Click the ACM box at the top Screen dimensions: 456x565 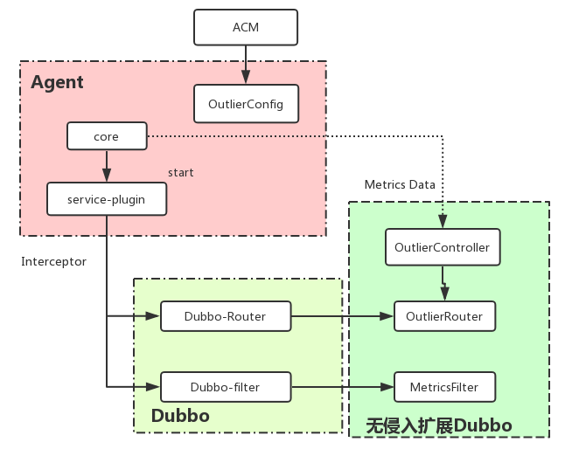pyautogui.click(x=246, y=28)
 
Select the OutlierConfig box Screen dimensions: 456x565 pyautogui.click(x=246, y=104)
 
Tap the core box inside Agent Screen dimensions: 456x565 pyautogui.click(x=106, y=136)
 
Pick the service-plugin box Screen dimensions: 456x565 pyautogui.click(x=106, y=199)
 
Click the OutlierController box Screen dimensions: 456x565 pyautogui.click(x=443, y=247)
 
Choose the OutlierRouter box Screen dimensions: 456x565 pyautogui.click(x=444, y=315)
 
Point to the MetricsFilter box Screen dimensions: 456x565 pyautogui.click(x=444, y=386)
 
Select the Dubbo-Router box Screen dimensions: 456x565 pyautogui.click(x=225, y=315)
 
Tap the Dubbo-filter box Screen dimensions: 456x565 pyautogui.click(x=225, y=386)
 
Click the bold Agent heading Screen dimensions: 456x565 pyautogui.click(x=57, y=83)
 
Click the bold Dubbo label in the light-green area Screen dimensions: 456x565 pyautogui.click(x=180, y=416)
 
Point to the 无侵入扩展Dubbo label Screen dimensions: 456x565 pyautogui.click(x=438, y=426)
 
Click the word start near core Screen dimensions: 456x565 pyautogui.click(x=180, y=173)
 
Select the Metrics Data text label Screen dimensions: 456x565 pyautogui.click(x=399, y=184)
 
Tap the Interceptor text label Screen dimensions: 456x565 pyautogui.click(x=53, y=261)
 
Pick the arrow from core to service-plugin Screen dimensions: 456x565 pyautogui.click(x=106, y=165)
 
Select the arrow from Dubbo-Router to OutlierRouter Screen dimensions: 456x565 pyautogui.click(x=341, y=315)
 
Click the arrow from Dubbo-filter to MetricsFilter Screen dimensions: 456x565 pyautogui.click(x=341, y=386)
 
